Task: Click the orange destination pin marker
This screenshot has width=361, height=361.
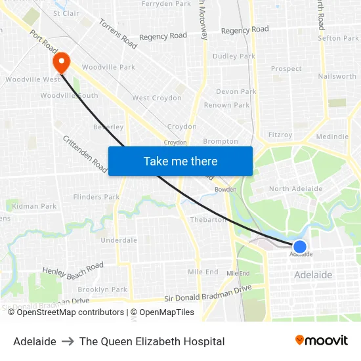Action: (x=61, y=62)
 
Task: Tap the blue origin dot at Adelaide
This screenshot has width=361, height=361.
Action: (x=300, y=247)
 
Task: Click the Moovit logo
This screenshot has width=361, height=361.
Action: (x=321, y=341)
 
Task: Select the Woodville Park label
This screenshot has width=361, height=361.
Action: (x=108, y=67)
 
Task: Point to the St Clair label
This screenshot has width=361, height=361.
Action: (x=66, y=13)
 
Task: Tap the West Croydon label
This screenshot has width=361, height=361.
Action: (x=157, y=98)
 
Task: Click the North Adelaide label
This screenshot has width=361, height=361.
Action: (x=295, y=188)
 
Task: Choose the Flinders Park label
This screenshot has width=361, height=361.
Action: (x=96, y=197)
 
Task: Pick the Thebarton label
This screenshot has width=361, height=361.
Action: (x=207, y=220)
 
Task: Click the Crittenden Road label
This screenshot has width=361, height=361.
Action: (x=85, y=155)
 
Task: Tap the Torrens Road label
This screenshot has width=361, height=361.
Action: (x=118, y=33)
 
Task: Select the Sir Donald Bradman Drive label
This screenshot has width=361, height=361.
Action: (x=208, y=293)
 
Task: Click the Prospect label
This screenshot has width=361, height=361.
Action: (x=286, y=68)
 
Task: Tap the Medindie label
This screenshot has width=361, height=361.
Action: (x=332, y=137)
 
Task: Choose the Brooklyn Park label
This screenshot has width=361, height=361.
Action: (x=102, y=289)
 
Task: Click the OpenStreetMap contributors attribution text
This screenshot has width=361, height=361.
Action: (x=70, y=312)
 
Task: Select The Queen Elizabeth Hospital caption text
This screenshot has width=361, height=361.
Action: (x=152, y=341)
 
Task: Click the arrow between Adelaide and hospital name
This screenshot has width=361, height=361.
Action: (x=68, y=341)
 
